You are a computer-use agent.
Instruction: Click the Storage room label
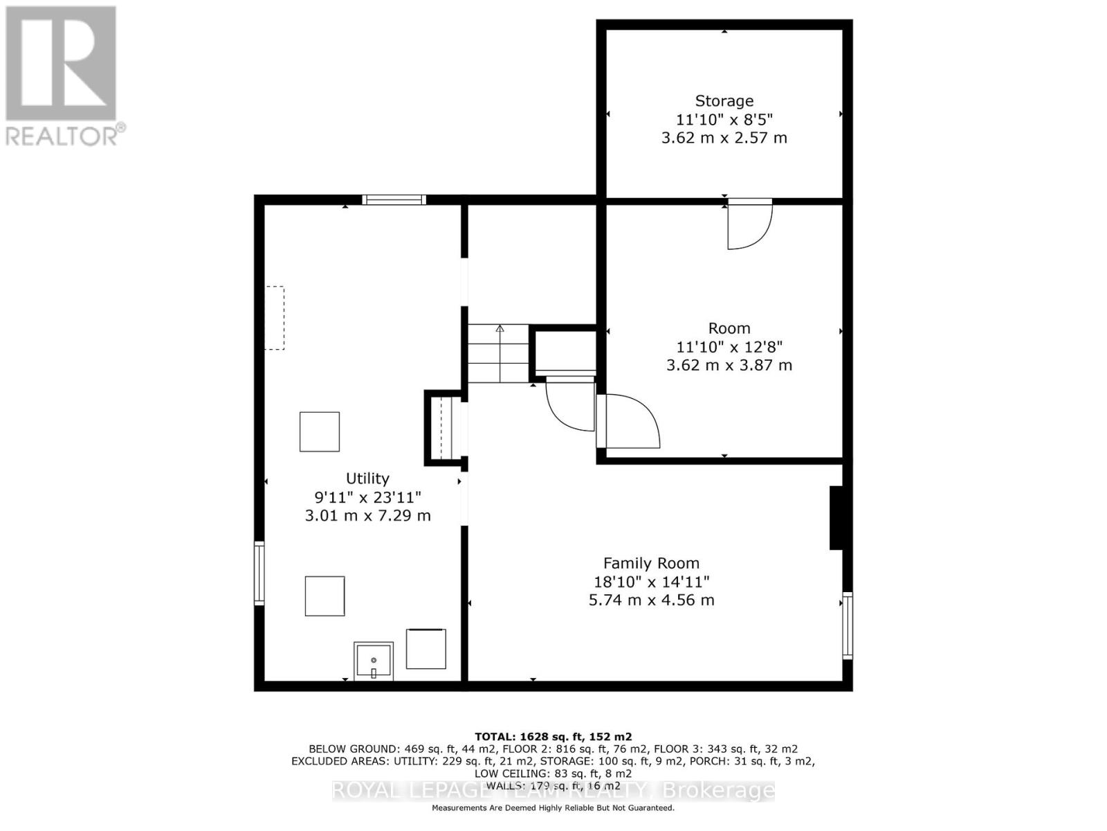[x=724, y=101]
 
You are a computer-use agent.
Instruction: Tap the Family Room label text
[x=651, y=563]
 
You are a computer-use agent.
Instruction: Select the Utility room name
[x=367, y=479]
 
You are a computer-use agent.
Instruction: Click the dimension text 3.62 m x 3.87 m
[x=729, y=365]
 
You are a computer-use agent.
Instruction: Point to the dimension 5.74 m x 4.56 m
[x=651, y=600]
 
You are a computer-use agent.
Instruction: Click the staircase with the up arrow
[x=498, y=353]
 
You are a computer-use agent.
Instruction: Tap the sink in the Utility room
[x=374, y=661]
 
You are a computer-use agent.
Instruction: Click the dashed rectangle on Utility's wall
[x=275, y=318]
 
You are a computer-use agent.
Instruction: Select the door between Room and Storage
[x=749, y=223]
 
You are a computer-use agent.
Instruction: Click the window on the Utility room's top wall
[x=394, y=200]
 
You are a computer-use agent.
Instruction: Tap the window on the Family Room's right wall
[x=847, y=625]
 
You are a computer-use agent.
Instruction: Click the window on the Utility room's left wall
[x=259, y=573]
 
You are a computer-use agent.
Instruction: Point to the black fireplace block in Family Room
[x=836, y=518]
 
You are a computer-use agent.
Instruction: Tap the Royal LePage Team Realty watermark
[x=553, y=791]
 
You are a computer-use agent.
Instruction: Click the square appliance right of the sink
[x=426, y=649]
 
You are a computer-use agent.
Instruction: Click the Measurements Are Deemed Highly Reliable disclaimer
[x=553, y=808]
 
